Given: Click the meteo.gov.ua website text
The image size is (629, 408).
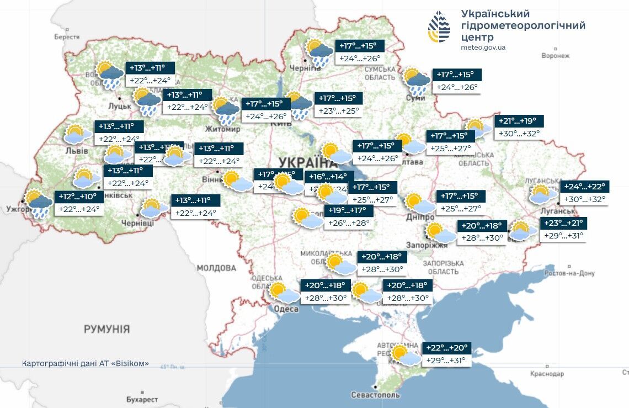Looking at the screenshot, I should pos(483,47).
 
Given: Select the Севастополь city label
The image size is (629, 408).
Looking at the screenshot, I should pos(375,395).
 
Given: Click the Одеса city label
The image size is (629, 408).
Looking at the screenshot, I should pos(286,309).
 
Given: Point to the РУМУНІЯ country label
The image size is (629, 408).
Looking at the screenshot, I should pos(106,330).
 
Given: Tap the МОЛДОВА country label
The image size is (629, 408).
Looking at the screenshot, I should pos(216,268).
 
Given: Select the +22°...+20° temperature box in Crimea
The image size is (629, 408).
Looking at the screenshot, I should pos(446,348).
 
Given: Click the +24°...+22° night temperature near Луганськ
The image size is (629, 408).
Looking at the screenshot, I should pos(584,187).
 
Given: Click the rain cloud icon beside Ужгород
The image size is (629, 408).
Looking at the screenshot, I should pos(39,204).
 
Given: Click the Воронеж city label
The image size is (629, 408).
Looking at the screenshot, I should pos(555,56).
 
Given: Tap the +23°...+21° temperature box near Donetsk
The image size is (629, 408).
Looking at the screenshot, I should pos(563,223).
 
